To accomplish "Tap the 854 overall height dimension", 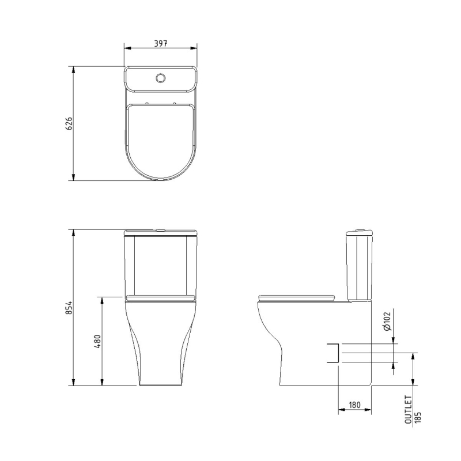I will pos(69,307).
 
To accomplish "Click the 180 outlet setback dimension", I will pos(354,405).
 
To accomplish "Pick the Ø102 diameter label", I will pos(387,320).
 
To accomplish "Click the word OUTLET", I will pos(409,410).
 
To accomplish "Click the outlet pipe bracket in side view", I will pos(332,353).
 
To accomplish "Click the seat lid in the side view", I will pos(297,297).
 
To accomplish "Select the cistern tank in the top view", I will pos(161,80).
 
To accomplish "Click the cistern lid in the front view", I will pos(161,232).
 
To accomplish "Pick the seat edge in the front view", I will pos(161,298).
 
